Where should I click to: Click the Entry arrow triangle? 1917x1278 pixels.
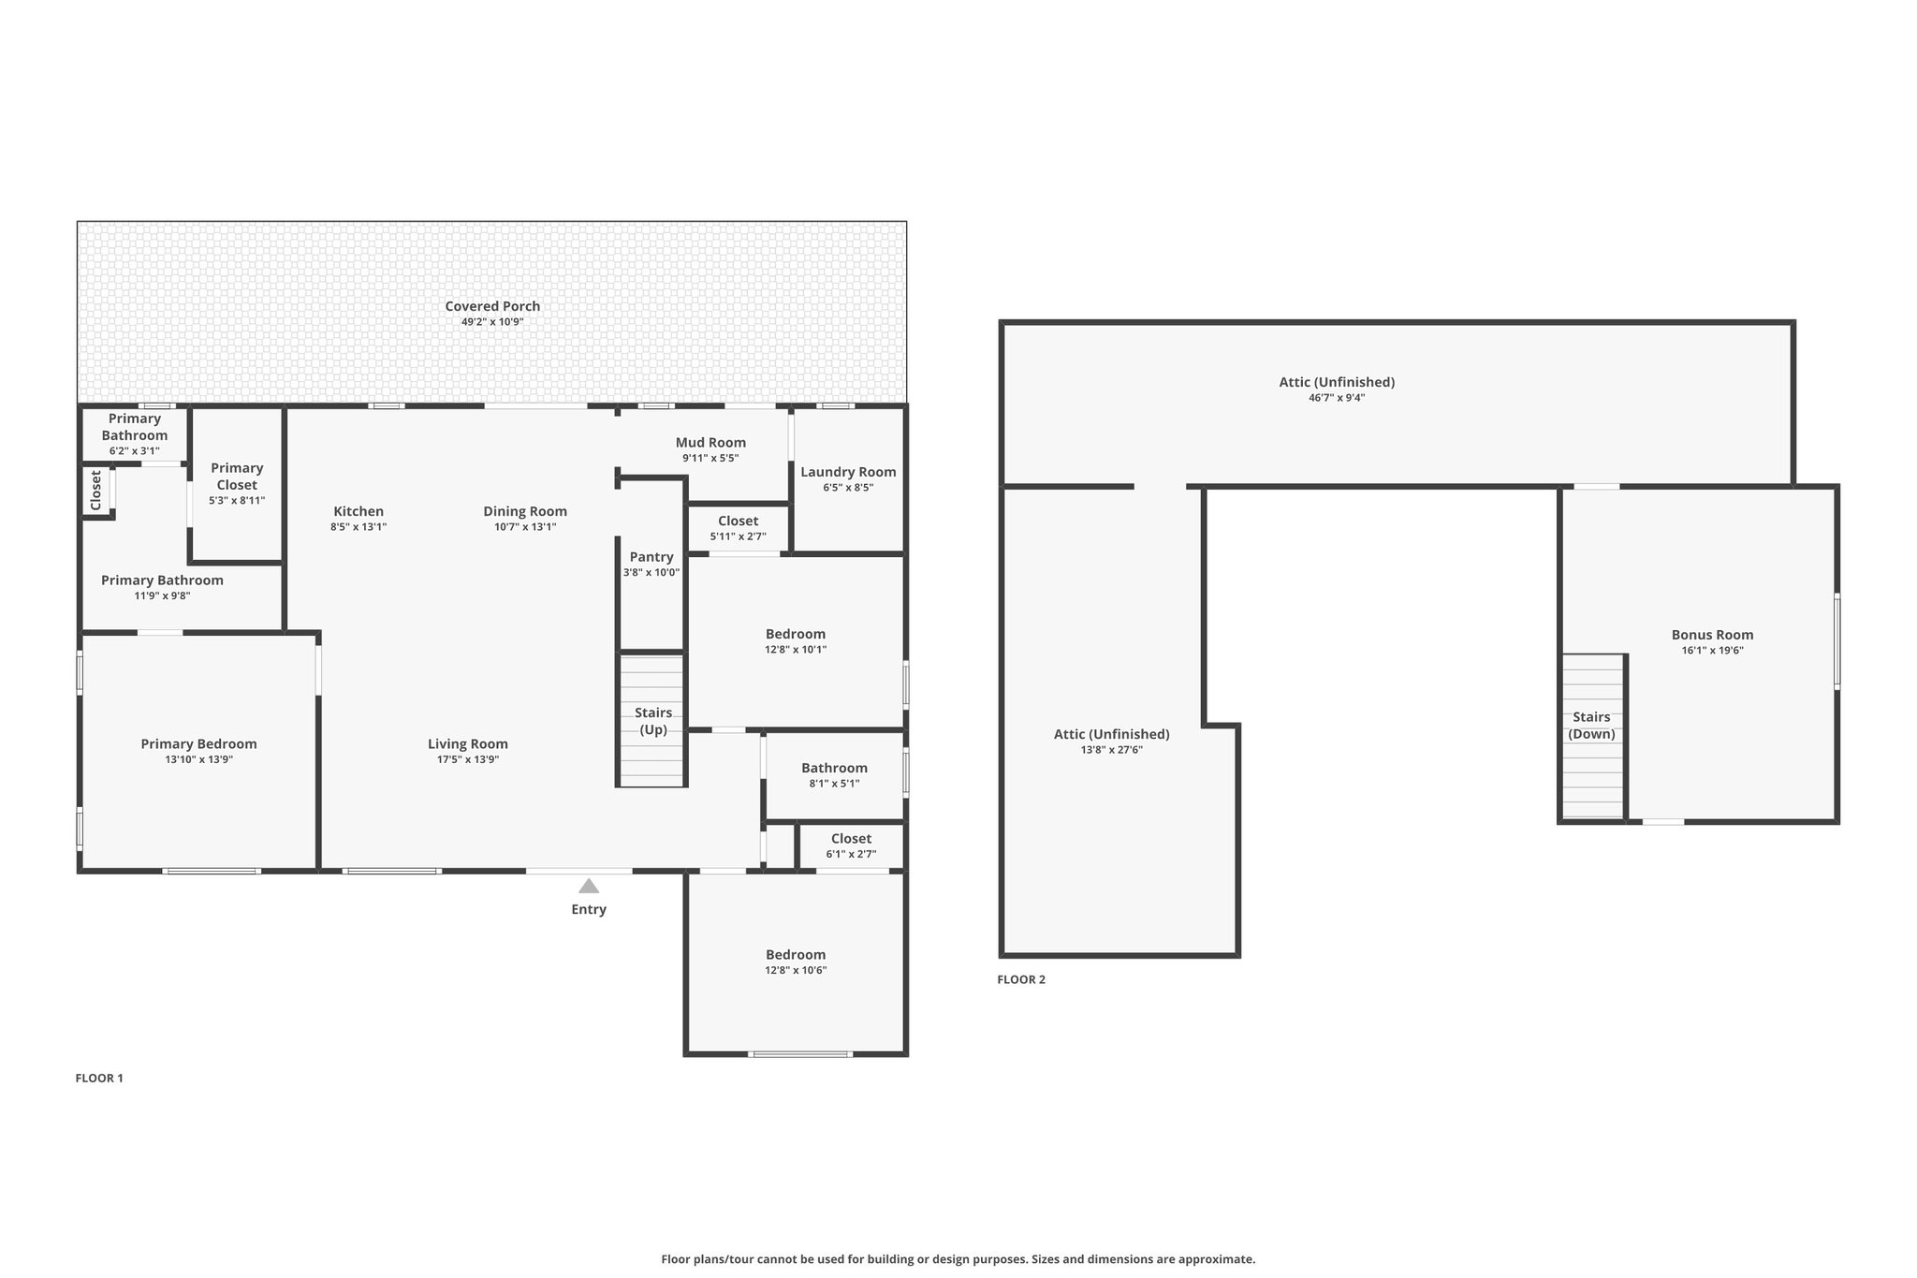tap(589, 886)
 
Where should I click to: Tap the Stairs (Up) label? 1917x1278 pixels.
tap(653, 721)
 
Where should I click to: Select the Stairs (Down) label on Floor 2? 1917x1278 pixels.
tap(1591, 726)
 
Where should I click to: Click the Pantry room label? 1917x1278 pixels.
tap(651, 557)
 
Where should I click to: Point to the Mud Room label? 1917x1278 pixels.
tap(711, 443)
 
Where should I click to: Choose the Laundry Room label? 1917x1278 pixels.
tap(848, 472)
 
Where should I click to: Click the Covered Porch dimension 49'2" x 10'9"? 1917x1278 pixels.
tap(492, 322)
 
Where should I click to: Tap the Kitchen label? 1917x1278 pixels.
tap(359, 511)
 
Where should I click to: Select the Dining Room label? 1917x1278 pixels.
tap(525, 511)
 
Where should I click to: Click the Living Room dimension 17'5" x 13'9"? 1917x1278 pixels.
tap(468, 760)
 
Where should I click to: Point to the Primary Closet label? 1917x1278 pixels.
tap(237, 477)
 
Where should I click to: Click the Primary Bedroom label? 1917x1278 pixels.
tap(198, 744)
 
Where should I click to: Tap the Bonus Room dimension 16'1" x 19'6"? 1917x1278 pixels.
tap(1713, 651)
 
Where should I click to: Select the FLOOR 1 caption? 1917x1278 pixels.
tap(99, 1078)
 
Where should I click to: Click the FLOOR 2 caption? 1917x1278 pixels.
tap(1021, 979)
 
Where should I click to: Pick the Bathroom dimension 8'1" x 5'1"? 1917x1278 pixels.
tap(835, 784)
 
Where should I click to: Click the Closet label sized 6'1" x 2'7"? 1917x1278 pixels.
tap(851, 839)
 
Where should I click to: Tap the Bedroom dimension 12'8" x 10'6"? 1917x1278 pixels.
tap(796, 971)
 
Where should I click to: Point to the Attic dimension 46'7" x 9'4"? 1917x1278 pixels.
tap(1337, 398)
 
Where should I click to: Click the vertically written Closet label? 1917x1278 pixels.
tap(95, 491)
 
